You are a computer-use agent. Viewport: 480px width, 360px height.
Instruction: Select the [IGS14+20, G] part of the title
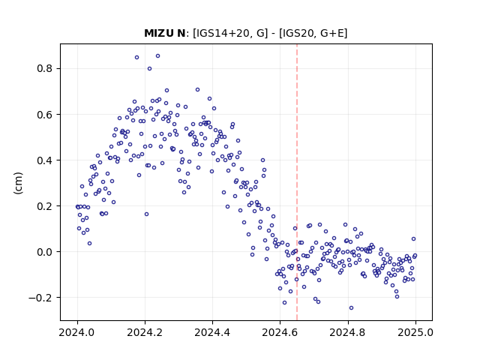[230, 33]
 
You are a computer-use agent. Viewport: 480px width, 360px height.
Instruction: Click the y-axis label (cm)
[18, 183]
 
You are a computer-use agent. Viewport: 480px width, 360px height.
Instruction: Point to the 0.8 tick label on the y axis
[45, 68]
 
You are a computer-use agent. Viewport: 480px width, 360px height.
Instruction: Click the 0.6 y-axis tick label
[45, 115]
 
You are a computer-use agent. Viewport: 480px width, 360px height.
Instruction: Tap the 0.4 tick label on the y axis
[45, 160]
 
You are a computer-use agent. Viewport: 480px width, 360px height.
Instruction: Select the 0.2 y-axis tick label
[45, 206]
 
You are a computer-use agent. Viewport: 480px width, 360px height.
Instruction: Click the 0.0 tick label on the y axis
[45, 252]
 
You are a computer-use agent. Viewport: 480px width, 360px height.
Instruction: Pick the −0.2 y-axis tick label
[40, 298]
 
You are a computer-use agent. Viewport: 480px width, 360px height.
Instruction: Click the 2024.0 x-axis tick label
[77, 332]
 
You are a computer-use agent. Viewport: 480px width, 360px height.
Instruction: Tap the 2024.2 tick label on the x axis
[145, 332]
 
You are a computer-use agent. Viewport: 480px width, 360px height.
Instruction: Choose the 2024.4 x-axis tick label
[212, 332]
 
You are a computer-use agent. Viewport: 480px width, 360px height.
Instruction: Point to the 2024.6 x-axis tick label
[280, 332]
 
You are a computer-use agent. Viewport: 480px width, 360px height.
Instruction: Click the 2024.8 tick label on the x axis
[348, 332]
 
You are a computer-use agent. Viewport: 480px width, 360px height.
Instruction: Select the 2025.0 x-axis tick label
[415, 332]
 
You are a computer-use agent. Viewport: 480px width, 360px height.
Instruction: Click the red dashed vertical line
[297, 182]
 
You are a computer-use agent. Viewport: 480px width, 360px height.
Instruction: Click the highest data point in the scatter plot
[158, 56]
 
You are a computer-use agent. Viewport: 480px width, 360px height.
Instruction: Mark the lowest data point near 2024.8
[352, 308]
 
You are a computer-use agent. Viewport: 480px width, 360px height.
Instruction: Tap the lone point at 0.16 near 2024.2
[147, 214]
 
